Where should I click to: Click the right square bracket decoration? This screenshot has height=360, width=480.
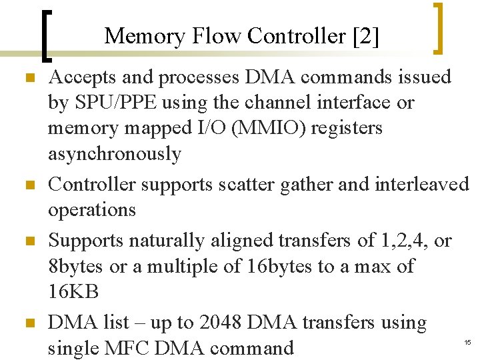[438, 28]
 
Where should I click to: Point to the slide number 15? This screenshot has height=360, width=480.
[467, 343]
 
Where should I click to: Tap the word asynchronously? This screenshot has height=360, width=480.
[115, 154]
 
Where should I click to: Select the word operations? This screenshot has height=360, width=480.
[92, 209]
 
